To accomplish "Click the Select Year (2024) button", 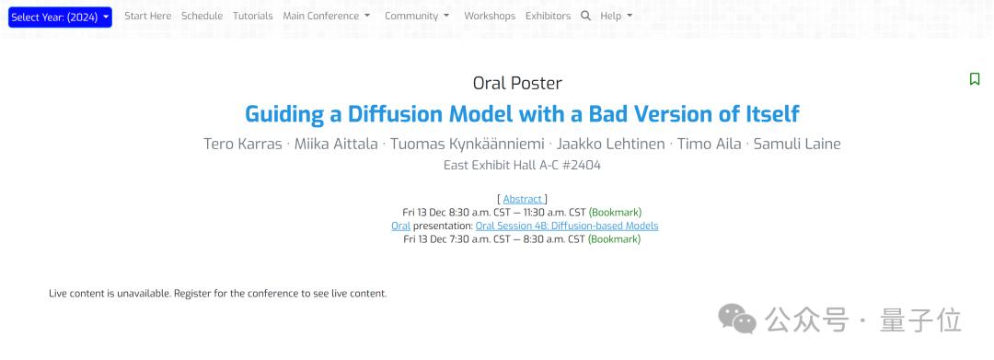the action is click(x=60, y=17).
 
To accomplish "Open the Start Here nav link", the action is click(x=147, y=16).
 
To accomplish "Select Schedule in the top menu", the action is click(x=202, y=16).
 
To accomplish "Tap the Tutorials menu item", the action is click(x=253, y=16).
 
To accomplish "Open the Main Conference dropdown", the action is click(x=327, y=16).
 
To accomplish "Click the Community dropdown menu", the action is click(x=417, y=16).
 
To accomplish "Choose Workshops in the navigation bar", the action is click(x=490, y=16).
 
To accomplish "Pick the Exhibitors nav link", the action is click(x=548, y=16).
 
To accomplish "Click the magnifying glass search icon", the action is click(x=585, y=16).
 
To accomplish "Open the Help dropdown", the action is click(x=616, y=16).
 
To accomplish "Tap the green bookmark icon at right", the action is click(x=975, y=78).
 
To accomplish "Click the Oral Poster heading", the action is click(x=517, y=83).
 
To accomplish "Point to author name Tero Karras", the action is click(x=243, y=144).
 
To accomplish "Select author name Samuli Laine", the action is click(x=797, y=144).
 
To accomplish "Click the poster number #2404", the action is click(x=582, y=166).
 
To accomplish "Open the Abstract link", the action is click(x=523, y=199).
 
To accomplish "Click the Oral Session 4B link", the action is click(x=567, y=226).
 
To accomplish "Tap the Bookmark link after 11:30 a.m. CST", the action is click(x=615, y=213).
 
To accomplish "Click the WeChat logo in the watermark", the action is click(x=737, y=319).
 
